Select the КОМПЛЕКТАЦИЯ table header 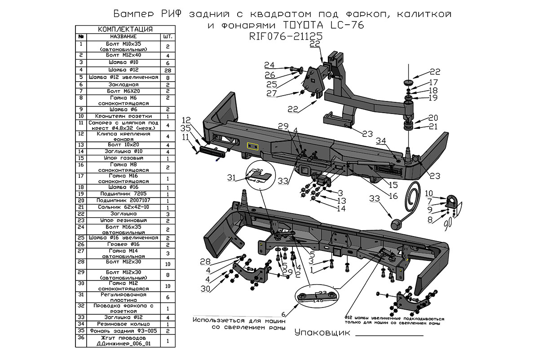125,29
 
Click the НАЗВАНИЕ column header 125,36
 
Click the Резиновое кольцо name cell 125,324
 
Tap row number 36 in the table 81,338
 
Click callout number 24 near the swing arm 269,65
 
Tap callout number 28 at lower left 205,261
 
